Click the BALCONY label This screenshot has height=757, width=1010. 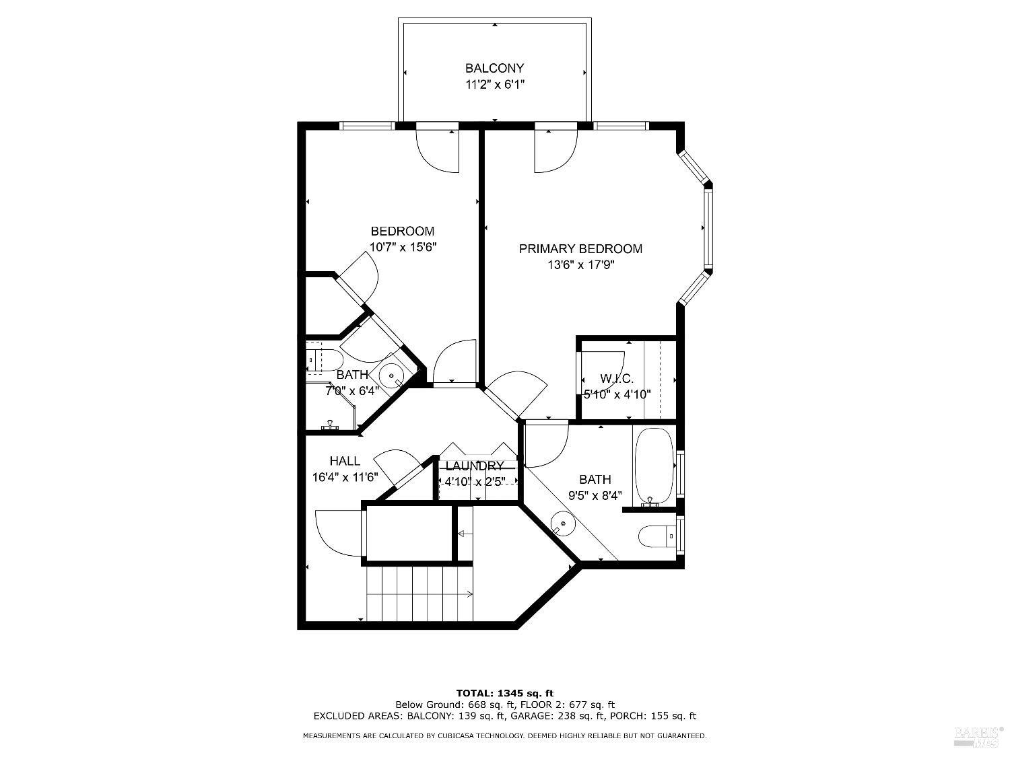point(494,68)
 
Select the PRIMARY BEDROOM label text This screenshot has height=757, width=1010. point(580,249)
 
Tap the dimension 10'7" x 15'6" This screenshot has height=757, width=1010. point(403,247)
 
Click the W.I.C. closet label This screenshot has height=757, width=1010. point(617,379)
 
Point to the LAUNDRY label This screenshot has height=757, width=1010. point(474,466)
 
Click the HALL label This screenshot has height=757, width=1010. point(344,461)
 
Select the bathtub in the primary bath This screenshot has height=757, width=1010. point(653,466)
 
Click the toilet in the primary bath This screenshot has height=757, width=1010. point(654,536)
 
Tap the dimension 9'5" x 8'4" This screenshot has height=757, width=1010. point(595,496)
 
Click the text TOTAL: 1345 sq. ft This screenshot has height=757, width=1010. point(505,692)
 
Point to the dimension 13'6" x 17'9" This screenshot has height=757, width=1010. point(580,265)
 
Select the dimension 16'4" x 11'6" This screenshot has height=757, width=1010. point(345,477)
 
